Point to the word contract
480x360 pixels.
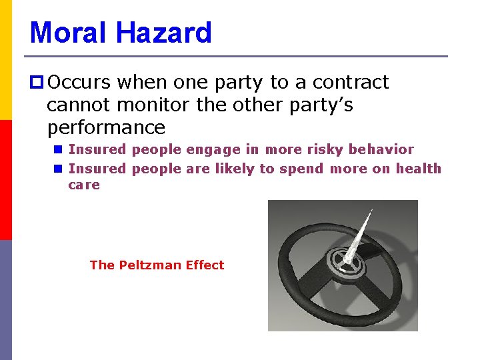click(x=350, y=82)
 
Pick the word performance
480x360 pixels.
click(x=106, y=127)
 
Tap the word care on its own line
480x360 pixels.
click(x=83, y=185)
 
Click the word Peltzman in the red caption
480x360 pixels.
click(x=151, y=265)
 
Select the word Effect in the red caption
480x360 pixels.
click(x=205, y=265)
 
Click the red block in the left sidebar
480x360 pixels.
click(x=6, y=179)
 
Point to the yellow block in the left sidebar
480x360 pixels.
click(x=6, y=60)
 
